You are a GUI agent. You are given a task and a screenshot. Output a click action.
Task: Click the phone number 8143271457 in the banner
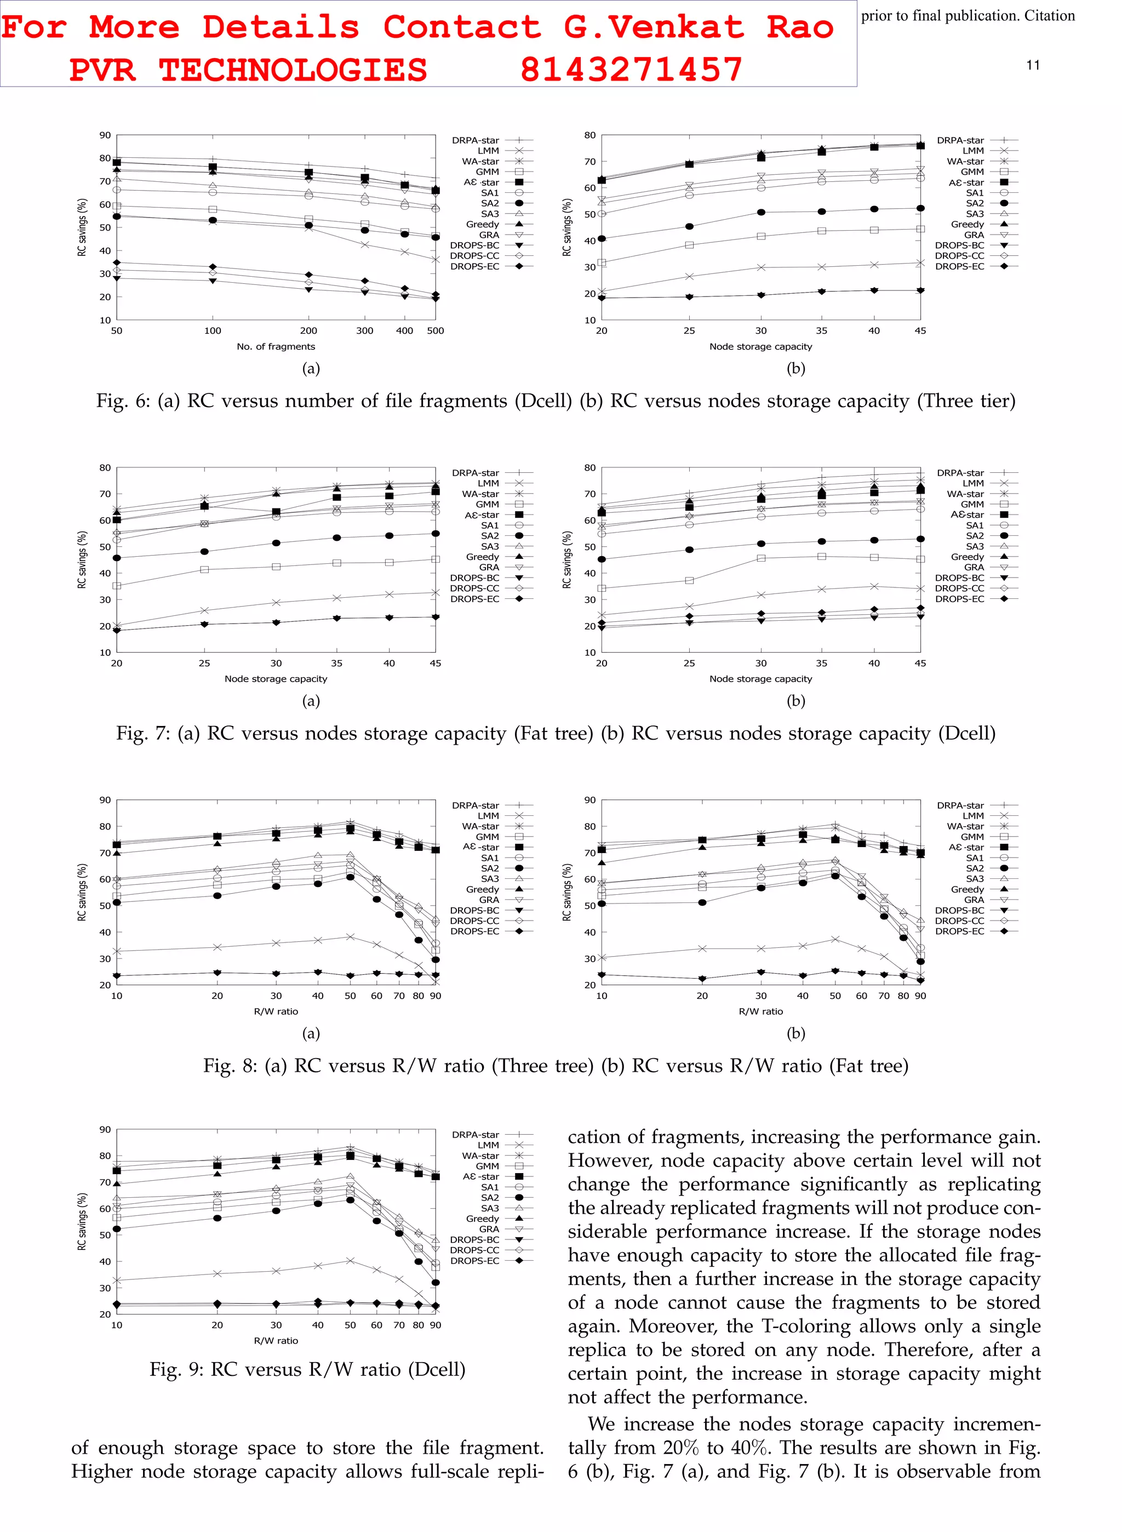point(631,69)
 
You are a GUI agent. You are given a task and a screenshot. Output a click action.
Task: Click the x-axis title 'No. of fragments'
point(276,346)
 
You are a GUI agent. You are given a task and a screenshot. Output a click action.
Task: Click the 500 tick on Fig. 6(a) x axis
point(436,331)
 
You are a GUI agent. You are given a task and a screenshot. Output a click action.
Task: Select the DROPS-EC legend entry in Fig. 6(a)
point(476,266)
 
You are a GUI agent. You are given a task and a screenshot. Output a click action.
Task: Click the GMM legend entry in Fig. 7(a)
point(487,504)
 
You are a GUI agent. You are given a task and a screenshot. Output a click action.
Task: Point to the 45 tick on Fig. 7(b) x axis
point(920,663)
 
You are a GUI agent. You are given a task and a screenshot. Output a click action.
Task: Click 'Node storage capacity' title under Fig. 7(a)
point(276,678)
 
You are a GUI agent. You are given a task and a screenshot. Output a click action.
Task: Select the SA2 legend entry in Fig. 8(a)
point(490,868)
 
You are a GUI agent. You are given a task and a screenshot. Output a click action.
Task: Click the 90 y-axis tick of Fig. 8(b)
point(589,800)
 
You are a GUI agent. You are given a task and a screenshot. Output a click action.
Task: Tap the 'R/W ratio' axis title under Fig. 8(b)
point(760,1011)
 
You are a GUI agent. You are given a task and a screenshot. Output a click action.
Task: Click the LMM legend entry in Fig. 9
point(488,1145)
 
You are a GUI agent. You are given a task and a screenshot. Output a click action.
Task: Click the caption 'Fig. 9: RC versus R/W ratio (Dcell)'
point(308,1369)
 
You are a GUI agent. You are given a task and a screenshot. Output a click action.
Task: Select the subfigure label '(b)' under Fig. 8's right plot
point(795,1033)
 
